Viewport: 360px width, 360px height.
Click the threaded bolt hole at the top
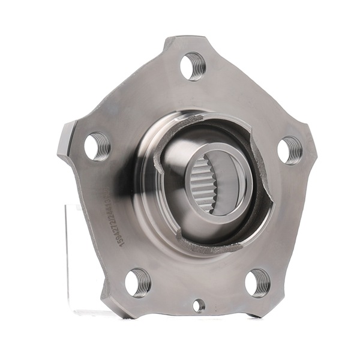pos(193,65)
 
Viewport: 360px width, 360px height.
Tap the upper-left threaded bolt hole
pos(97,146)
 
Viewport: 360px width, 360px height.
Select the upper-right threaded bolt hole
pos(291,149)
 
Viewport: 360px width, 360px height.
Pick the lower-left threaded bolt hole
pos(137,282)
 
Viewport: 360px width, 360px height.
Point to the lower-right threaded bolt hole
pos(257,282)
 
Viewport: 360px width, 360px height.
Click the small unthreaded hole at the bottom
pos(198,305)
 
